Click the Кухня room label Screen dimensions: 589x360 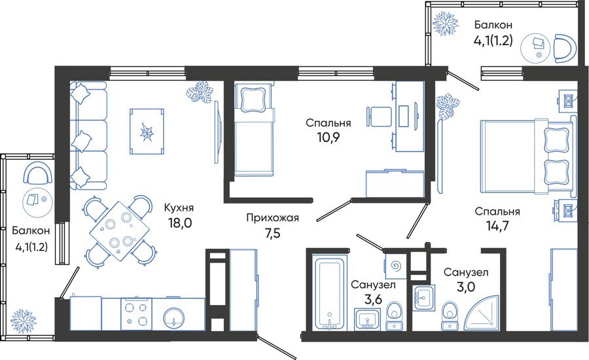click(x=179, y=207)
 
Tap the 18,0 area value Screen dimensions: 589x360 click(x=180, y=223)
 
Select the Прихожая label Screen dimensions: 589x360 click(x=273, y=217)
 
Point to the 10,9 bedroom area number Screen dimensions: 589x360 click(x=328, y=137)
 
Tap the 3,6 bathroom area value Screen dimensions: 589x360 click(x=373, y=300)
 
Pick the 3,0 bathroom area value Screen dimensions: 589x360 click(x=466, y=287)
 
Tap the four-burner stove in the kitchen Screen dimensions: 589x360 click(x=136, y=315)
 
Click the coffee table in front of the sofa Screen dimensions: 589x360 click(x=147, y=131)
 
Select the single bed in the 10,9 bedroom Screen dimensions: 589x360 click(x=253, y=130)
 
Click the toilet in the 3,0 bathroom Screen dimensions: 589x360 click(x=450, y=316)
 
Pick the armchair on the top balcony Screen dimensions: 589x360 click(x=565, y=48)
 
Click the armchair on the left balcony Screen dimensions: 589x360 click(x=37, y=173)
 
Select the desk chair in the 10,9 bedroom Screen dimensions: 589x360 click(x=376, y=117)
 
